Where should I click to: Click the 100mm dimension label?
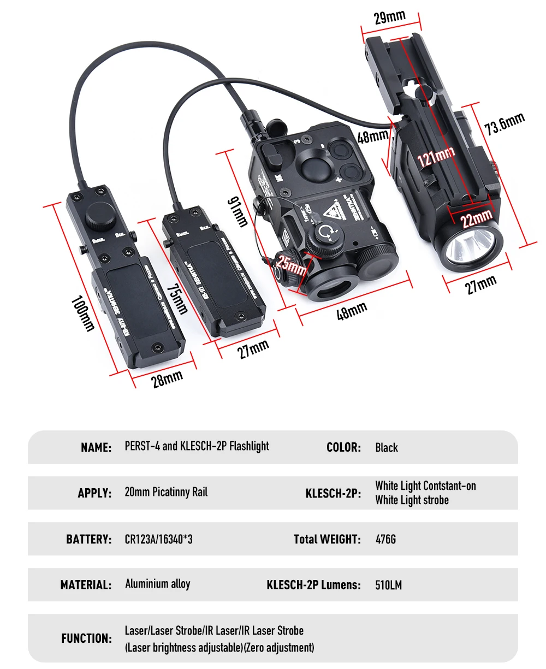[83, 314]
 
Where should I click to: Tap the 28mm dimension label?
[167, 378]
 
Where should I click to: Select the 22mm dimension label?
[476, 220]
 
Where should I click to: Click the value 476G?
[385, 540]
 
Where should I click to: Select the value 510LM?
[388, 585]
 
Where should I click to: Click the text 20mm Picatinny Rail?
[166, 492]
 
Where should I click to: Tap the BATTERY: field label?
[88, 540]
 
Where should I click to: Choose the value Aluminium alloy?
[157, 584]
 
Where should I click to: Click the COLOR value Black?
[387, 448]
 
